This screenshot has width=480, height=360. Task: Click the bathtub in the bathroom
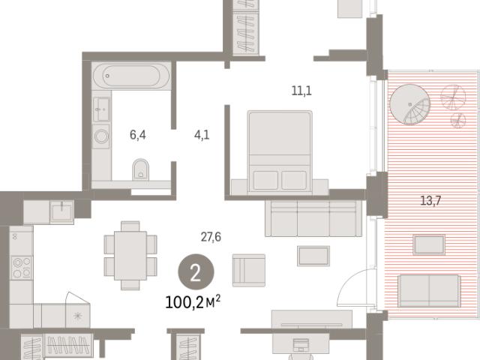tap(131, 76)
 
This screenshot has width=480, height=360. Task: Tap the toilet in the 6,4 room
tap(141, 169)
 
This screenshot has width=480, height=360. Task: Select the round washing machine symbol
tap(101, 136)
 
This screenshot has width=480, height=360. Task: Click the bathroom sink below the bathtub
tap(101, 109)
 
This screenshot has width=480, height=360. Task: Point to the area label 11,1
tap(301, 91)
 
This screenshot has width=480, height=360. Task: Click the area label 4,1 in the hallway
tap(202, 135)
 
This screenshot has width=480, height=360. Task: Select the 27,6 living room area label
tap(211, 237)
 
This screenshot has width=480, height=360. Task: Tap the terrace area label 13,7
tap(430, 201)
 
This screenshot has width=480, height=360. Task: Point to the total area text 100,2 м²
tap(193, 302)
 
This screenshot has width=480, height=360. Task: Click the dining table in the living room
tap(130, 256)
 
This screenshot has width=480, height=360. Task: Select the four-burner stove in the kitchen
tap(22, 268)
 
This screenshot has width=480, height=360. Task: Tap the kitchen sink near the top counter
tap(62, 211)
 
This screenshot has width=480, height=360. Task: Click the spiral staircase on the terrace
tap(410, 104)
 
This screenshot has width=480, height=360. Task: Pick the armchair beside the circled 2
tap(249, 270)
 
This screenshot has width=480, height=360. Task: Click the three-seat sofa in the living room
tap(313, 218)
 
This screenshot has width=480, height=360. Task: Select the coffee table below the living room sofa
tap(313, 256)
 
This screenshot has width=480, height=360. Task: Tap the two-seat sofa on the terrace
tap(429, 291)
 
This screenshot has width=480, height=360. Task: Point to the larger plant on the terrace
tap(453, 97)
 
